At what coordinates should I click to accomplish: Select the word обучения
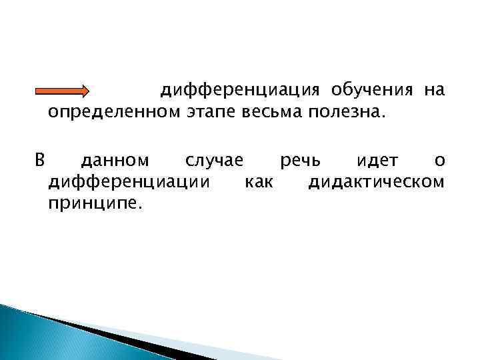point(373,90)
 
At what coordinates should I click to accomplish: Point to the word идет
point(378,161)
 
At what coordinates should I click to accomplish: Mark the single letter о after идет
point(439,161)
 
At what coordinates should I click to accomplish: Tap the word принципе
point(95,202)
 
